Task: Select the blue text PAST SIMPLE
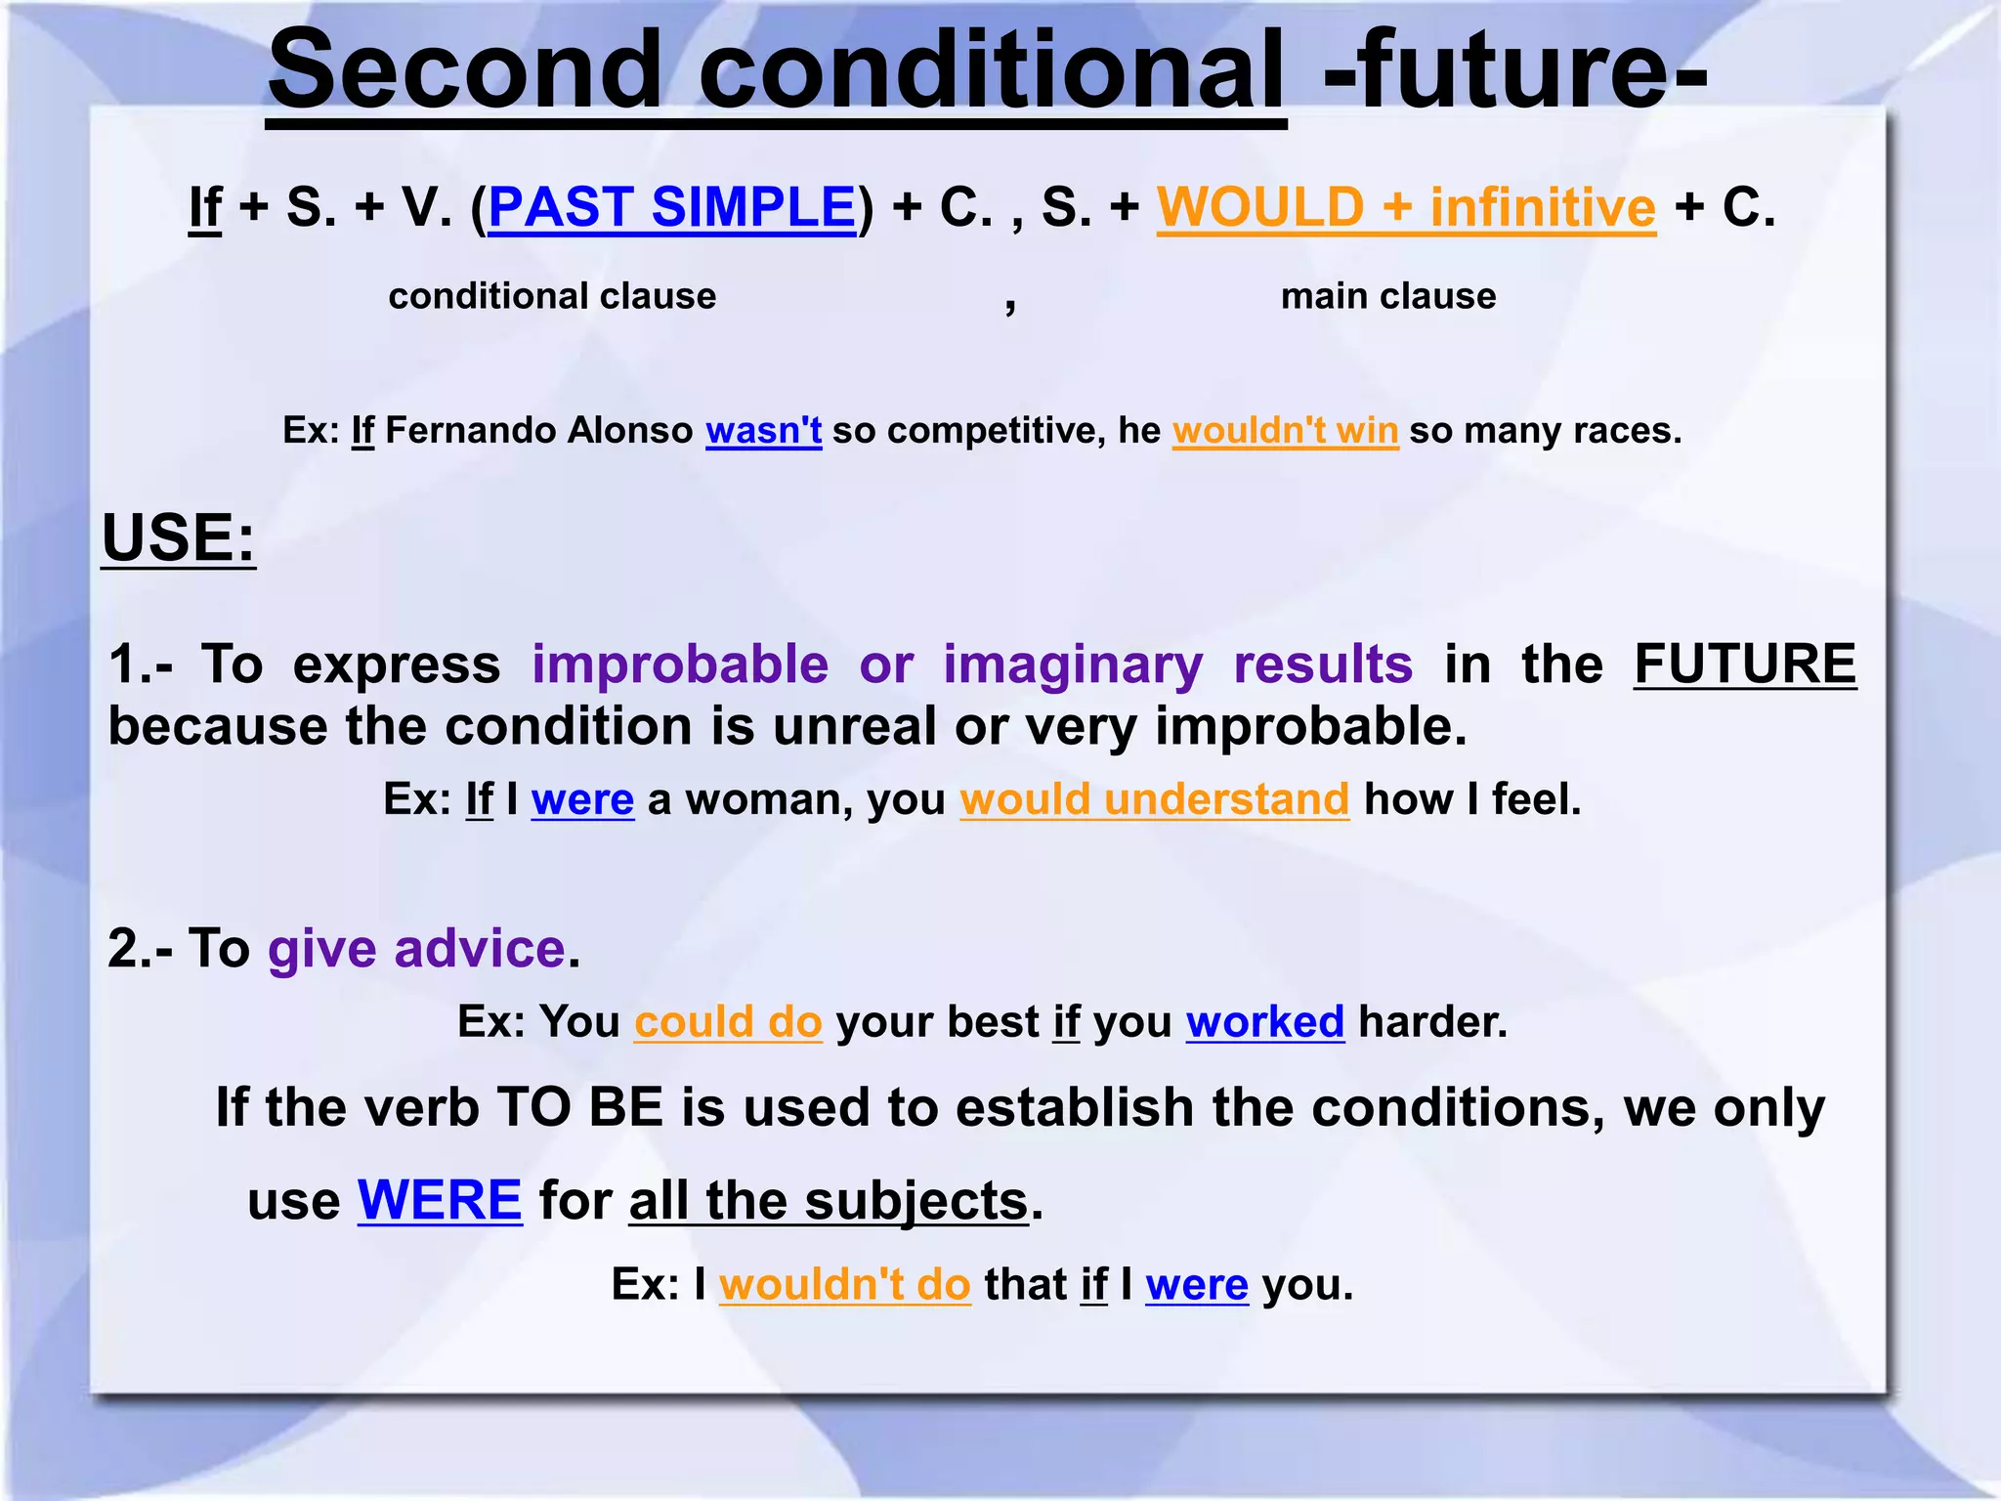pyautogui.click(x=672, y=207)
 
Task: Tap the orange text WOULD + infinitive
pyautogui.click(x=1406, y=207)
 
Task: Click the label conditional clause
pyautogui.click(x=552, y=296)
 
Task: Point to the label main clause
pyautogui.click(x=1388, y=296)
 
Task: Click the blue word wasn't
pyautogui.click(x=763, y=430)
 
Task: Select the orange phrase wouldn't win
pyautogui.click(x=1285, y=430)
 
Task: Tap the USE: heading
pyautogui.click(x=179, y=537)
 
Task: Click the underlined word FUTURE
pyautogui.click(x=1744, y=665)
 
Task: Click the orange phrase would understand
pyautogui.click(x=1154, y=799)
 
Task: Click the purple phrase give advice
pyautogui.click(x=417, y=949)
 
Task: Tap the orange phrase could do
pyautogui.click(x=728, y=1022)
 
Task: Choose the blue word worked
pyautogui.click(x=1265, y=1022)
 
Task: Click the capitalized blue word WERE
pyautogui.click(x=440, y=1200)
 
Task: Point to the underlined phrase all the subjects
pyautogui.click(x=829, y=1200)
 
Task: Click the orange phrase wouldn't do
pyautogui.click(x=844, y=1284)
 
